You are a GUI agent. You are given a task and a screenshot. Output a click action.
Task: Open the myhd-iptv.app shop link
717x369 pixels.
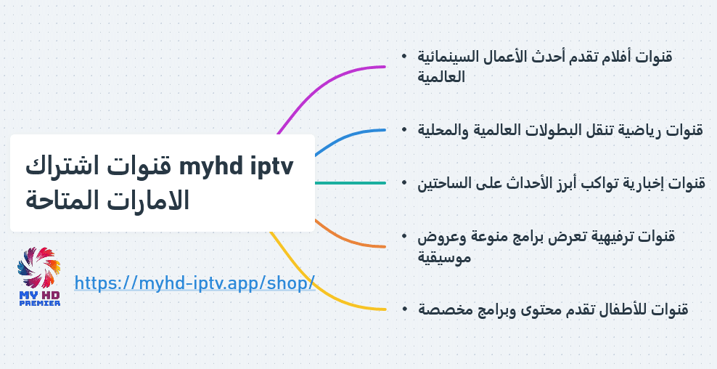(194, 283)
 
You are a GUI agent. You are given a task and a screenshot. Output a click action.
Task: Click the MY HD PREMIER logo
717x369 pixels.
(39, 276)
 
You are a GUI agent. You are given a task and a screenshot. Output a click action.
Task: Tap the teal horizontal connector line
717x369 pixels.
(351, 183)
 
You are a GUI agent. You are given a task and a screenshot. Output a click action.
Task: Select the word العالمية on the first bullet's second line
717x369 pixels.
(441, 76)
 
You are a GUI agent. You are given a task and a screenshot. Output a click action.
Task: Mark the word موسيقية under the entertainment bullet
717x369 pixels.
(444, 257)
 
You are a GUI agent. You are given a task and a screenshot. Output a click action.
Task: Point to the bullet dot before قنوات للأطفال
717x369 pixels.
(405, 309)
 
